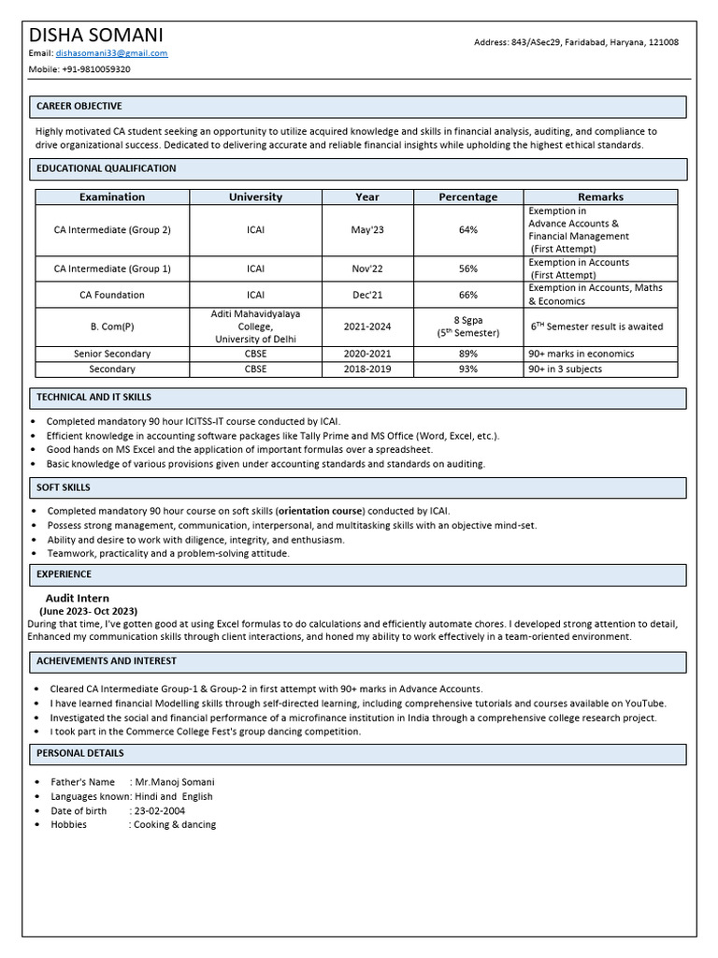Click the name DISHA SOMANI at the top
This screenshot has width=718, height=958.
[96, 35]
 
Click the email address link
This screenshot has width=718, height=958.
[113, 53]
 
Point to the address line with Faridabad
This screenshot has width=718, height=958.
[576, 42]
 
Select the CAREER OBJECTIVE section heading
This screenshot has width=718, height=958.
[79, 107]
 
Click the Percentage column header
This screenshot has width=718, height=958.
[467, 197]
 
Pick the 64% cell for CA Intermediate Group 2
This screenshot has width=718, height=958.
[467, 230]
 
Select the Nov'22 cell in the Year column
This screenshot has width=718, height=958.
[367, 269]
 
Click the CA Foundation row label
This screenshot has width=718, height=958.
[112, 295]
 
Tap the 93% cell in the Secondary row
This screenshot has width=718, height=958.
[467, 369]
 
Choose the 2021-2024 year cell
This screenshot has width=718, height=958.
[367, 327]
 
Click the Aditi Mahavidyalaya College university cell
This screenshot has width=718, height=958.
[255, 327]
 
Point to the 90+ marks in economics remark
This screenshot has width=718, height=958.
[582, 354]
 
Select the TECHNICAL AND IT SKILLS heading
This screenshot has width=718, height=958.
[93, 398]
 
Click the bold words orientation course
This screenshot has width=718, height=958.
[320, 511]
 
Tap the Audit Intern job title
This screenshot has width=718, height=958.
[78, 598]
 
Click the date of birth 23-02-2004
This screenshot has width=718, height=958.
[162, 811]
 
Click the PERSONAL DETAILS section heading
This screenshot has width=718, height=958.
[80, 753]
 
